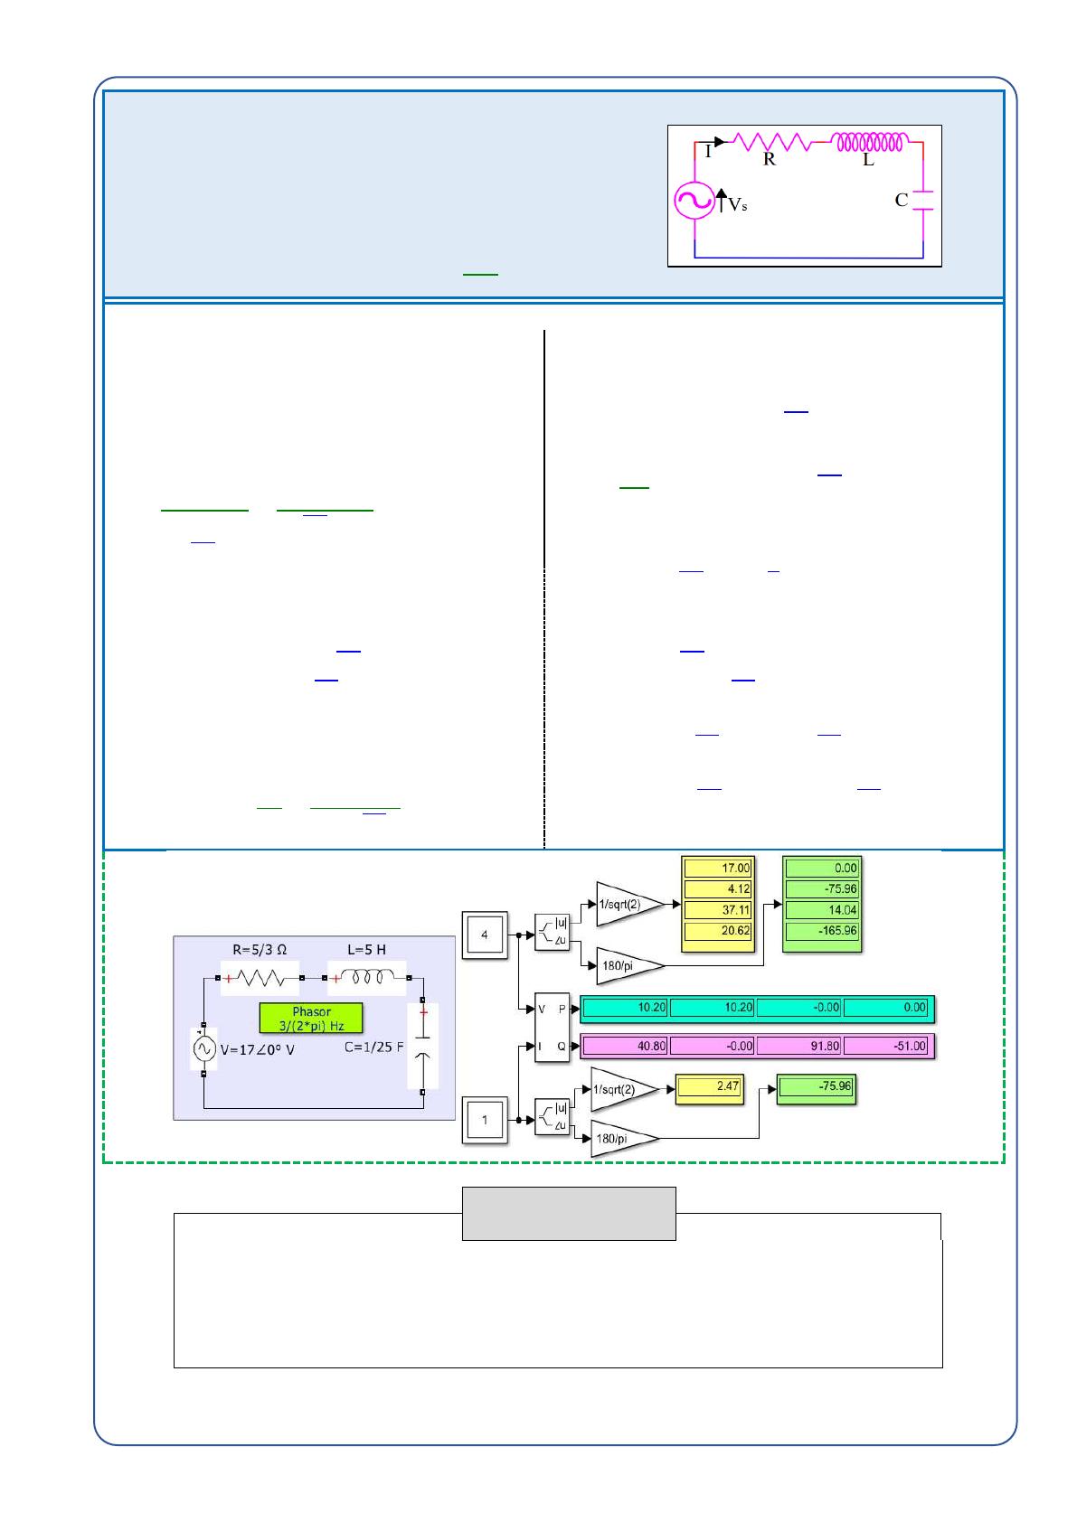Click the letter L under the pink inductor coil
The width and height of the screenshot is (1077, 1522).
pos(868,160)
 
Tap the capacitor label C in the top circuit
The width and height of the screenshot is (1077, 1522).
pos(901,201)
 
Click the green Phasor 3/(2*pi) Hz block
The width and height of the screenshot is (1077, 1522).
pos(311,1018)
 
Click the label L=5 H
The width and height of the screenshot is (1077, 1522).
pos(366,949)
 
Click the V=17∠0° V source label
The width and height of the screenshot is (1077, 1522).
pos(259,1050)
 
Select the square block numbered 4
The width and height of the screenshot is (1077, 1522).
pos(485,935)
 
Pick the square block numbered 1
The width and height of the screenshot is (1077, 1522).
pos(485,1120)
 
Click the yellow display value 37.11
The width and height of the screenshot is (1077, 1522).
pos(717,910)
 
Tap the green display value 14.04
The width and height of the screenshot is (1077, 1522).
pos(823,910)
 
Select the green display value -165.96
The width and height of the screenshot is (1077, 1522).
pos(823,931)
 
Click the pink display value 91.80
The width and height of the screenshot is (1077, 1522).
pos(798,1047)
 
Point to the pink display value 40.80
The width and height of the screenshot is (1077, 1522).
pos(624,1047)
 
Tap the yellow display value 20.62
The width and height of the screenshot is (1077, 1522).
pos(717,931)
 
